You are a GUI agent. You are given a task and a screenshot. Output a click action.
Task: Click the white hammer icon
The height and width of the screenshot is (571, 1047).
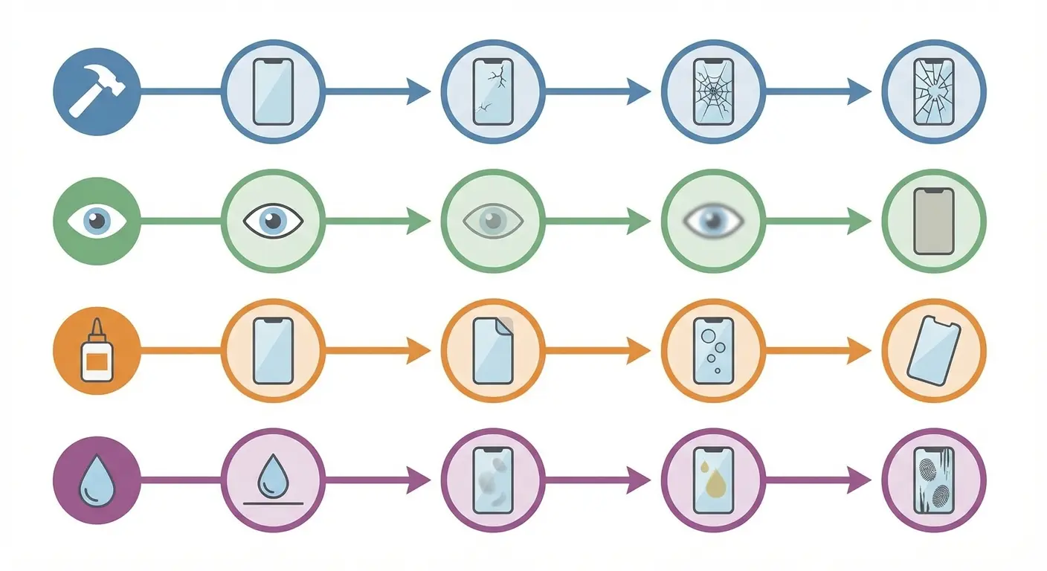96,91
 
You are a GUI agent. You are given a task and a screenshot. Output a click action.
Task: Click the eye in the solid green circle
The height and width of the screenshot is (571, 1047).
97,221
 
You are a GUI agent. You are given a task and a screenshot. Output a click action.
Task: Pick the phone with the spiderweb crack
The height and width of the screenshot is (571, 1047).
712,91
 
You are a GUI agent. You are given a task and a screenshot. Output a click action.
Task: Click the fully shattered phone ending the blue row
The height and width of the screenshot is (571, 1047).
933,91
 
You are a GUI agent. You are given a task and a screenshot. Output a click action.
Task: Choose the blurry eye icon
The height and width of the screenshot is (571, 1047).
712,220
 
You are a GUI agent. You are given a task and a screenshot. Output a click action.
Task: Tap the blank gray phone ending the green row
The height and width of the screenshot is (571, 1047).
933,221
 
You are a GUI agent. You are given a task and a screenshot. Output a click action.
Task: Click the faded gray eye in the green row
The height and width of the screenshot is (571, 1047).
493,221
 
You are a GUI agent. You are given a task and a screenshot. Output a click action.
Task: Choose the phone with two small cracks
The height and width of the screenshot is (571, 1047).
493,91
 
